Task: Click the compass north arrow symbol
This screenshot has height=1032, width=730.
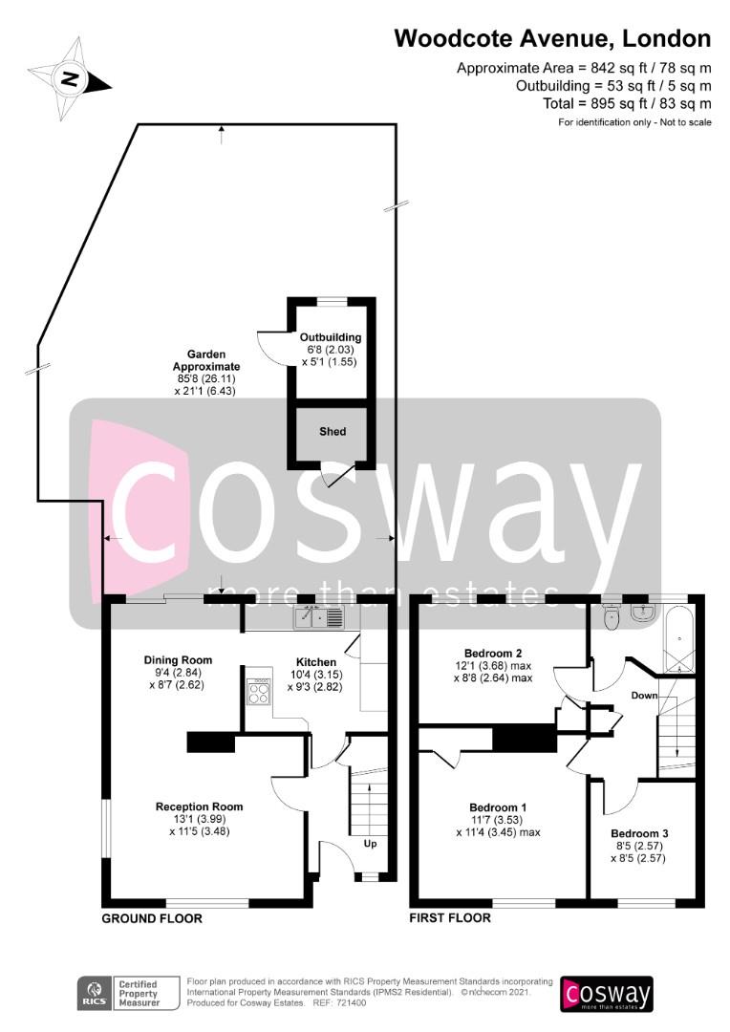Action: coord(69,80)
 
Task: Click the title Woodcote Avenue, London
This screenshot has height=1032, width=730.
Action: coord(552,39)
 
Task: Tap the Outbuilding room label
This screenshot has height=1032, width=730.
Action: coord(331,337)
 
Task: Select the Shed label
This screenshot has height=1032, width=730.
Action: coord(333,432)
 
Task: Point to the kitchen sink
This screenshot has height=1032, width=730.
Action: coord(318,617)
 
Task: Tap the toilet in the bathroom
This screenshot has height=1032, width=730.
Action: coord(612,617)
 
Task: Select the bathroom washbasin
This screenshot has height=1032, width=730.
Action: coord(642,613)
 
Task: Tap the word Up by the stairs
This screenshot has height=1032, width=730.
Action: coord(370,844)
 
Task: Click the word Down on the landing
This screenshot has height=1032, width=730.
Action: coord(644,695)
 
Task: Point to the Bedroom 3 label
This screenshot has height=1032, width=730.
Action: coord(639,833)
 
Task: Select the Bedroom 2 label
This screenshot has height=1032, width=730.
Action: coord(493,654)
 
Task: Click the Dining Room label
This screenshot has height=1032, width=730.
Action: coord(179,660)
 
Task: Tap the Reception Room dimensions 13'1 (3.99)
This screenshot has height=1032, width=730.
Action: coord(200,819)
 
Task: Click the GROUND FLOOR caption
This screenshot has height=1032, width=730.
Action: coord(152,918)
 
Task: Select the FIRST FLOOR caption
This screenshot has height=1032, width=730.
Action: coord(450,917)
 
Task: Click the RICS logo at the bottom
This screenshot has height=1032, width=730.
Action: coord(95,993)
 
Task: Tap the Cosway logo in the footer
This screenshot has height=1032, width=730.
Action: coord(606,994)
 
